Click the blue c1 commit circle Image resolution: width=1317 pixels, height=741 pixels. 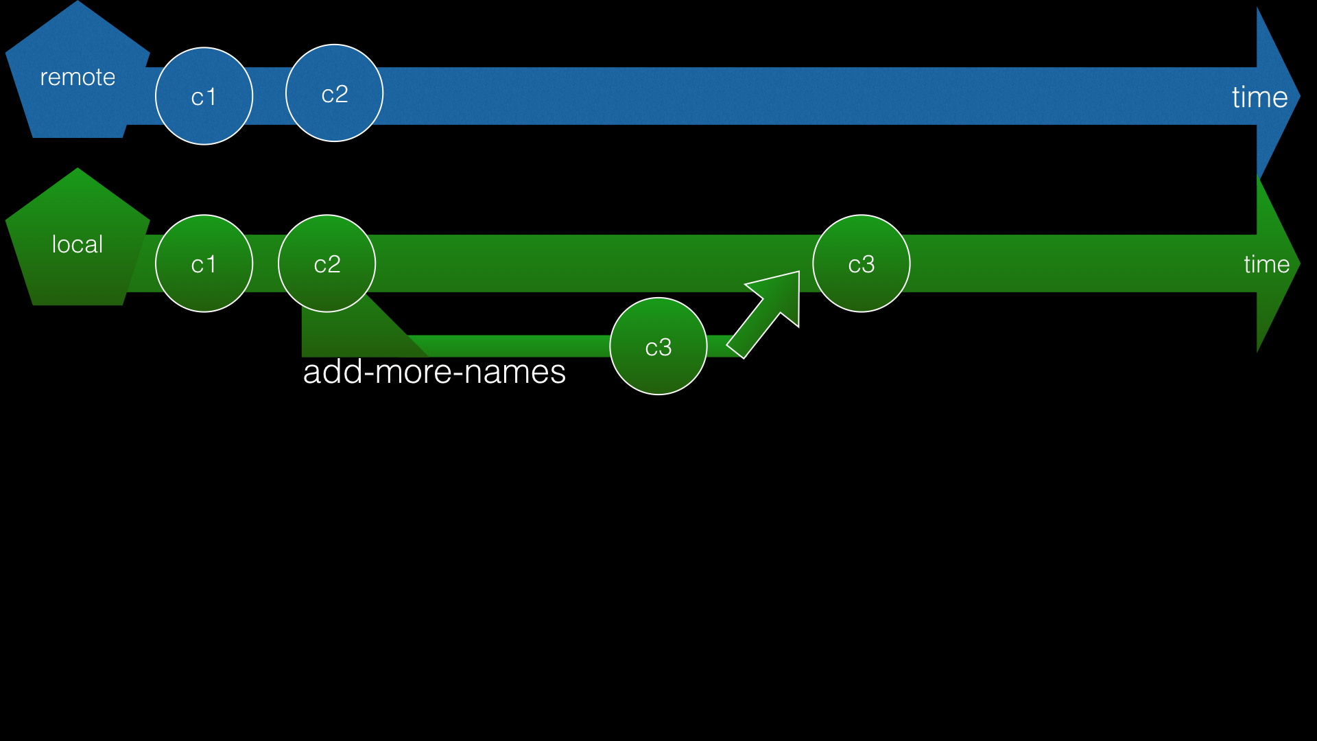pos(204,96)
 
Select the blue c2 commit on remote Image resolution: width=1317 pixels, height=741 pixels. pos(334,93)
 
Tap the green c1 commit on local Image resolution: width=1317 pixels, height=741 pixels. pos(204,263)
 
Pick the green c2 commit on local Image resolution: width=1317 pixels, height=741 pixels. pos(327,263)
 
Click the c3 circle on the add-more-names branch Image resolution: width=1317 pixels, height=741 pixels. pos(658,346)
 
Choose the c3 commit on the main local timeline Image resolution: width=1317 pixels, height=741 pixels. pos(861,263)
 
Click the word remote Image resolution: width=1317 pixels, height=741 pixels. pos(78,77)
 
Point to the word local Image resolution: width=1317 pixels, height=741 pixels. pos(78,244)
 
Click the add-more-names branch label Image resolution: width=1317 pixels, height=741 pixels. pos(434,372)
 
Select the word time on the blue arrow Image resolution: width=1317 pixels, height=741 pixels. pos(1259,97)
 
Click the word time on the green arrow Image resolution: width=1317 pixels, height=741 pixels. pos(1266,264)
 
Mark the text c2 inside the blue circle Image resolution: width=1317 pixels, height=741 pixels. pos(335,94)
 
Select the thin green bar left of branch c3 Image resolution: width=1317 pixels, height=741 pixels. pos(514,346)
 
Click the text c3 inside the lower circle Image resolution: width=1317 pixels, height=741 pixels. pos(658,347)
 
